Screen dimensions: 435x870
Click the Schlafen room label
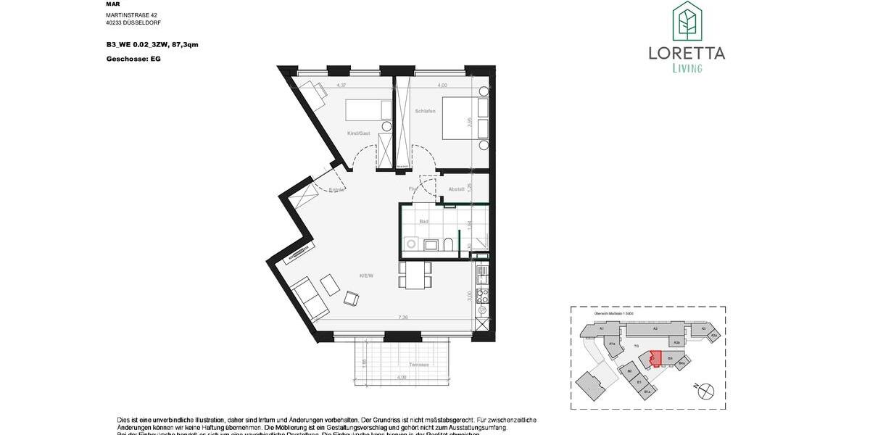(425, 111)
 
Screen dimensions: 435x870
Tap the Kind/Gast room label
(360, 133)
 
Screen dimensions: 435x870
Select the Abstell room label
(456, 190)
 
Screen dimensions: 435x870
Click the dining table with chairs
(415, 275)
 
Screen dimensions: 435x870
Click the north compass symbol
(704, 391)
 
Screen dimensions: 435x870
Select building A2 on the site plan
(654, 330)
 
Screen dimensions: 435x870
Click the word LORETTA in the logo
(686, 52)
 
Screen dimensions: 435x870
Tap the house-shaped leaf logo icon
(686, 21)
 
